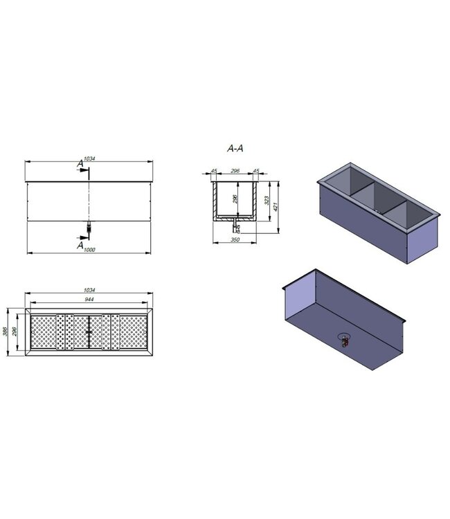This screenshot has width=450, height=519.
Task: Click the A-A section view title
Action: tap(235, 148)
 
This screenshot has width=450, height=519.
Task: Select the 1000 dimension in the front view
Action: tap(91, 249)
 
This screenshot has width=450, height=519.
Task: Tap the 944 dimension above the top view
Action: tap(89, 299)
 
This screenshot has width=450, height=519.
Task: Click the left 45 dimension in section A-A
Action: tap(214, 170)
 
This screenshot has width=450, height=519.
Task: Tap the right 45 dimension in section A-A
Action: tap(256, 170)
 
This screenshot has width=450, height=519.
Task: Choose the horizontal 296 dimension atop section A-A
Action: tap(235, 170)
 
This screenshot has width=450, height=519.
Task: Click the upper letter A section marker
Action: tap(81, 164)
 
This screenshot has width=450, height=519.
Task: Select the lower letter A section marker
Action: tap(80, 244)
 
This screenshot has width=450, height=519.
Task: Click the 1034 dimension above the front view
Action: tap(89, 158)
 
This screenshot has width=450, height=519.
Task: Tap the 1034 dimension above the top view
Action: tap(89, 290)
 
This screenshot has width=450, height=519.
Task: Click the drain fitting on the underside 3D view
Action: tap(343, 340)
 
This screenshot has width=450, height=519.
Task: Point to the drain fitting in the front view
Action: tap(89, 226)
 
